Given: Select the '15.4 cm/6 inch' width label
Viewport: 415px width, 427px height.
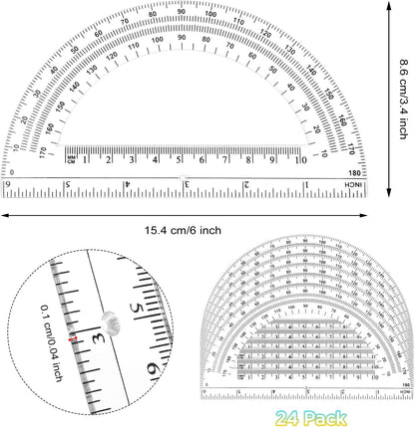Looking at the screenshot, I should pyautogui.click(x=183, y=230).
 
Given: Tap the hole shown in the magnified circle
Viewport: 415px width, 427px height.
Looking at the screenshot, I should pyautogui.click(x=110, y=320).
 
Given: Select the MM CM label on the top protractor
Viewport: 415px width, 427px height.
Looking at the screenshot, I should pyautogui.click(x=72, y=159).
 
